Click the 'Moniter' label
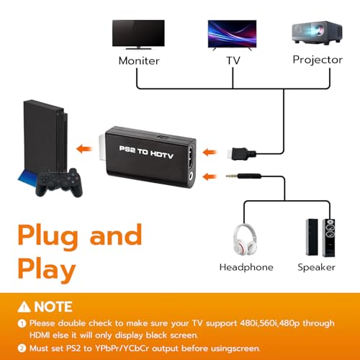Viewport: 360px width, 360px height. [139, 60]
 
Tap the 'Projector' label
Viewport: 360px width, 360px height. [318, 60]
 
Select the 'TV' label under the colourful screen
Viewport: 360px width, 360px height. [233, 60]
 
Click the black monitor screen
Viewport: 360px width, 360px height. [138, 35]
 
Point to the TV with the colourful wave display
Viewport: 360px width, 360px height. [232, 35]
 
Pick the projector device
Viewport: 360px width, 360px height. [317, 32]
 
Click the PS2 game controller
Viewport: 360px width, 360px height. [59, 182]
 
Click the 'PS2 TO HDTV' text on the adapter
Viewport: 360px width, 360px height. [146, 152]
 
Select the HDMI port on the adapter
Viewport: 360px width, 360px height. [192, 158]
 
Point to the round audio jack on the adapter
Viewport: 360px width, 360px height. [192, 177]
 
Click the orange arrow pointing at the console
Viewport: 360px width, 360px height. [84, 149]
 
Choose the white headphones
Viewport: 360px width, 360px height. [245, 239]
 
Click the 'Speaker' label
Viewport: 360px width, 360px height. [316, 267]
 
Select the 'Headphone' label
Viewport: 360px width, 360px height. [246, 267]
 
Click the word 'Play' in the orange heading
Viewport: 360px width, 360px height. [47, 270]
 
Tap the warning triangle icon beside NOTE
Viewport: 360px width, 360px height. [24, 307]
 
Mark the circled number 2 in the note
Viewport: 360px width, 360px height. [22, 348]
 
